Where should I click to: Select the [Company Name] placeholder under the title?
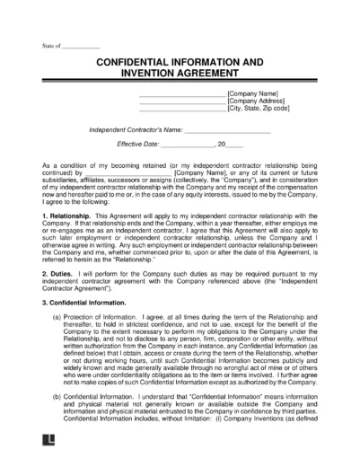(x=253, y=93)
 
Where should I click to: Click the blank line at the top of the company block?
(x=182, y=93)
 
